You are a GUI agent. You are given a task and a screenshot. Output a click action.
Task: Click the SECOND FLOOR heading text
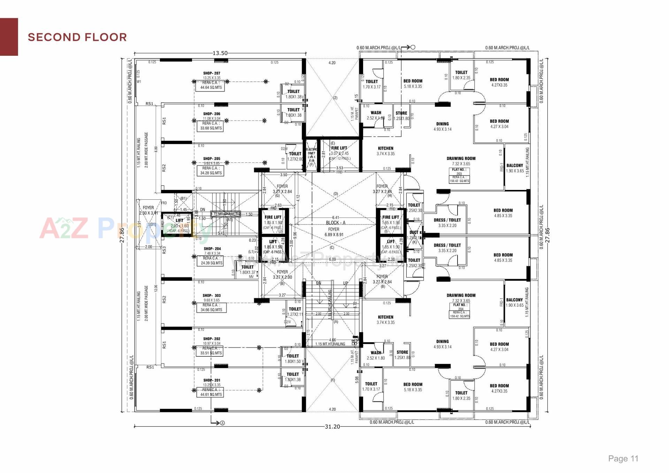tap(77, 37)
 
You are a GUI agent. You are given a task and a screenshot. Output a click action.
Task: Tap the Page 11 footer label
tap(623, 458)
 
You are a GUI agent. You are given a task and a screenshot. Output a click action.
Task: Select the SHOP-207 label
tap(212, 73)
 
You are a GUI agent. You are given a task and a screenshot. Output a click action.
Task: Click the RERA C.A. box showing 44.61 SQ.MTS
tap(211, 392)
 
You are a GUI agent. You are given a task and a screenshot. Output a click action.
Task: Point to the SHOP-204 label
tap(212, 249)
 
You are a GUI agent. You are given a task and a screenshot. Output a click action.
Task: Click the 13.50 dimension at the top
tap(220, 53)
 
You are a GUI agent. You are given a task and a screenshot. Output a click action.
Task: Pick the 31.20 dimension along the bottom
tap(332, 427)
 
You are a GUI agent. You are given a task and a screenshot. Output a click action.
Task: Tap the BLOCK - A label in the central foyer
tap(336, 223)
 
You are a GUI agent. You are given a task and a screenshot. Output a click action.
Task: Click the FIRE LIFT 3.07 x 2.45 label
tap(339, 151)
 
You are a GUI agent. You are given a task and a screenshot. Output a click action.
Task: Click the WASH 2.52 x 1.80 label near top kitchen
tap(376, 115)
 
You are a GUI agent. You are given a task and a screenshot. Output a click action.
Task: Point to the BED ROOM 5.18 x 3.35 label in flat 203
tap(413, 83)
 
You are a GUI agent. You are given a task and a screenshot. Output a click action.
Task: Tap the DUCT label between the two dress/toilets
tap(414, 232)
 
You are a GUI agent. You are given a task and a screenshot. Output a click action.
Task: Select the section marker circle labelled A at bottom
tap(222, 423)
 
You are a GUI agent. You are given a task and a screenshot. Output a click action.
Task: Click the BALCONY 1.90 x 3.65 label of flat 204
tap(515, 302)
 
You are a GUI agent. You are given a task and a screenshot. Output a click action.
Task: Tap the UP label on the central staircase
tap(345, 283)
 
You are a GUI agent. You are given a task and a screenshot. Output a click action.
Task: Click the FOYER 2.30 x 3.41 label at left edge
tap(148, 210)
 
